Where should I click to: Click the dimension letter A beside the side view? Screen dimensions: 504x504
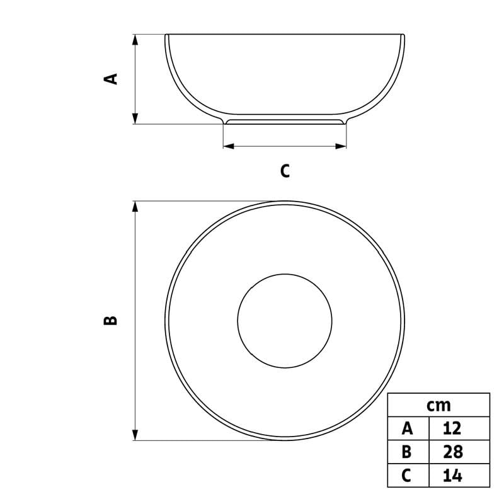[x=111, y=79]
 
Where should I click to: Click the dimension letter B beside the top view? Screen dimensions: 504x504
[x=111, y=320]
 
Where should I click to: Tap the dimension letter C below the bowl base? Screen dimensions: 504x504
[x=285, y=171]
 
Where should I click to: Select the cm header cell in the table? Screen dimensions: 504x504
[x=438, y=405]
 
